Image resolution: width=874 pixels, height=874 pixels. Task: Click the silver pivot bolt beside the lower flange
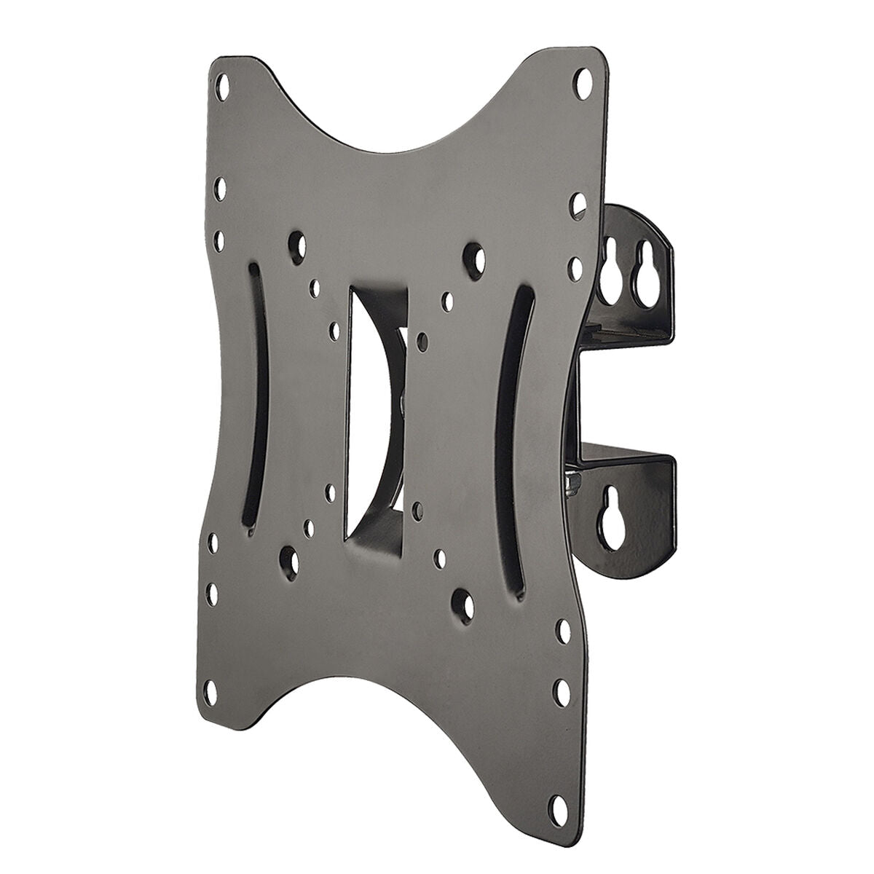574,480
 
